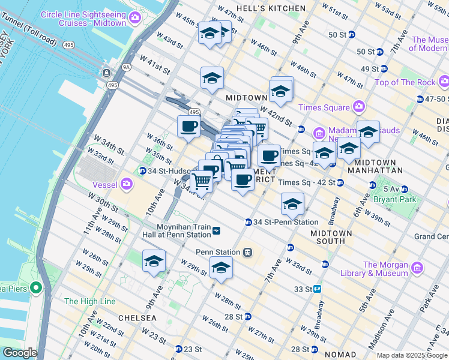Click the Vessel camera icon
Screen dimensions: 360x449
(x=127, y=184)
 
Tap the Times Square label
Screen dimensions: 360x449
(x=324, y=107)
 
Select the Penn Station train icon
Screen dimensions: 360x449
(x=247, y=253)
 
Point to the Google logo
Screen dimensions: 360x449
(x=19, y=353)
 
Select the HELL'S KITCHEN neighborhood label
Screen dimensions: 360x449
(x=263, y=8)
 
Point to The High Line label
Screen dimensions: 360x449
(x=89, y=301)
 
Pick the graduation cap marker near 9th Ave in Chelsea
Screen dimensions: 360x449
(x=154, y=262)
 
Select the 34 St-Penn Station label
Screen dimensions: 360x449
(x=285, y=222)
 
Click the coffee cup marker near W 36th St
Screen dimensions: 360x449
(x=188, y=127)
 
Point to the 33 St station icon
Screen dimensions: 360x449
(x=317, y=289)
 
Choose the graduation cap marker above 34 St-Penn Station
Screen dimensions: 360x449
(x=292, y=205)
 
